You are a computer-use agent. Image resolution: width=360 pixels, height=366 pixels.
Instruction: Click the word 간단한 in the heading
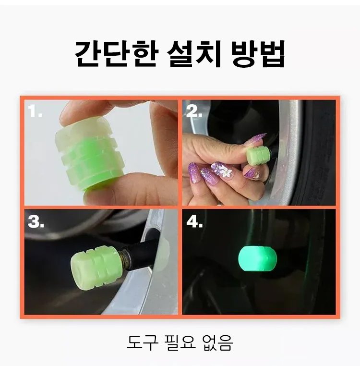coord(117,54)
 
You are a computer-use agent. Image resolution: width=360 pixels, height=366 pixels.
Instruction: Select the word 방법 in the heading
coord(258,54)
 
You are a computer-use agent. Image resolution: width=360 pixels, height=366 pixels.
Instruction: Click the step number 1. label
coord(35,110)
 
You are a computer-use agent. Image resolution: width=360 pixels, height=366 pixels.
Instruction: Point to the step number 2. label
coord(194,111)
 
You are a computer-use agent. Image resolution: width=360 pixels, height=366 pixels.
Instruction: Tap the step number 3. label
coord(36,221)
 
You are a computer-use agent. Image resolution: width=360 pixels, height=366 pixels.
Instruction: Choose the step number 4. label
coord(195,221)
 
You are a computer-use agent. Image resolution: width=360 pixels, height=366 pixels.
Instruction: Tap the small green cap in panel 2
coord(259,155)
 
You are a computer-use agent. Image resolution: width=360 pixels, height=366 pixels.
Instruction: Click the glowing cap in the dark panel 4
coord(257,258)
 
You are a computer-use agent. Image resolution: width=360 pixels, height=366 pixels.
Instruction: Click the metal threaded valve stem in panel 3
coord(126,259)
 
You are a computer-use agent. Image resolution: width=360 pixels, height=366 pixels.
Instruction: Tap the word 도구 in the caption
coord(143,342)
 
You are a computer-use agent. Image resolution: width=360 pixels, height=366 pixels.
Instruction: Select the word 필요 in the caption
coord(180,342)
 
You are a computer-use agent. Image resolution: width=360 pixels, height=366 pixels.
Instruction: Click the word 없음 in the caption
coord(217,342)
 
